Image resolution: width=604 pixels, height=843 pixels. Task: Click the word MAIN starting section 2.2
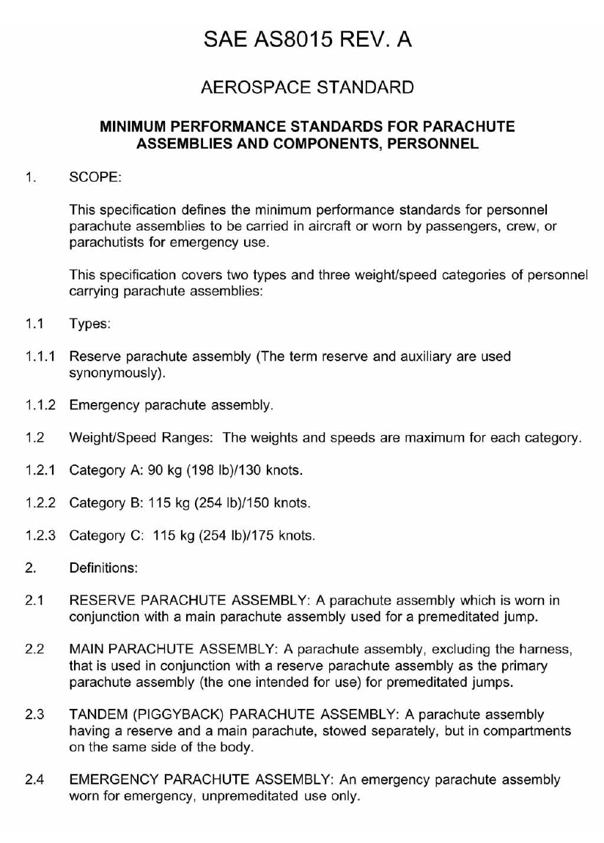[x=85, y=650]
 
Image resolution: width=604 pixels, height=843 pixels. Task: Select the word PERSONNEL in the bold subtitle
[x=438, y=144]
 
